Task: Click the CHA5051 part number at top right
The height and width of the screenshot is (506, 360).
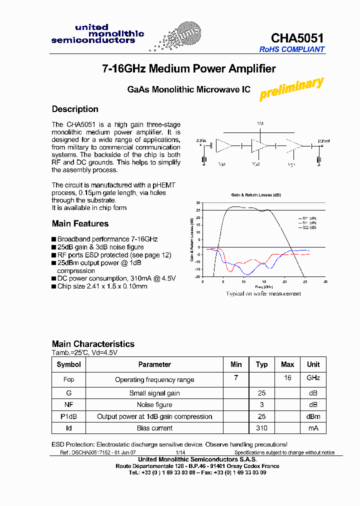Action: point(297,38)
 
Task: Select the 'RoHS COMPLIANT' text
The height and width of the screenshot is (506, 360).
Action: point(292,49)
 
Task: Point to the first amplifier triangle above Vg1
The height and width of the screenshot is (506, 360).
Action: point(223,146)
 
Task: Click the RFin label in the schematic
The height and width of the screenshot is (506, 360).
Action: point(201,141)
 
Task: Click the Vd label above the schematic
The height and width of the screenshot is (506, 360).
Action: point(260,123)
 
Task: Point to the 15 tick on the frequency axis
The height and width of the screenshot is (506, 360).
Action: point(264,281)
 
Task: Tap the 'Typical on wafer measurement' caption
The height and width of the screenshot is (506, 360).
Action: point(263,294)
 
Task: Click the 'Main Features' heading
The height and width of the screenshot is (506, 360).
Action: point(80,223)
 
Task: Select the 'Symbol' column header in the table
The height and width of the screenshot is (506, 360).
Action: point(68,364)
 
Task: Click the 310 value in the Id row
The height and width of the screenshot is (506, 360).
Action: point(261,428)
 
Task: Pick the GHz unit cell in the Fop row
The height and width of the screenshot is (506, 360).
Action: point(313,378)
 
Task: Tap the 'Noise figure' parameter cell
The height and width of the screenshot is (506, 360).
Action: point(154,405)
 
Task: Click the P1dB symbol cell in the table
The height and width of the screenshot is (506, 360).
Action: point(68,416)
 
